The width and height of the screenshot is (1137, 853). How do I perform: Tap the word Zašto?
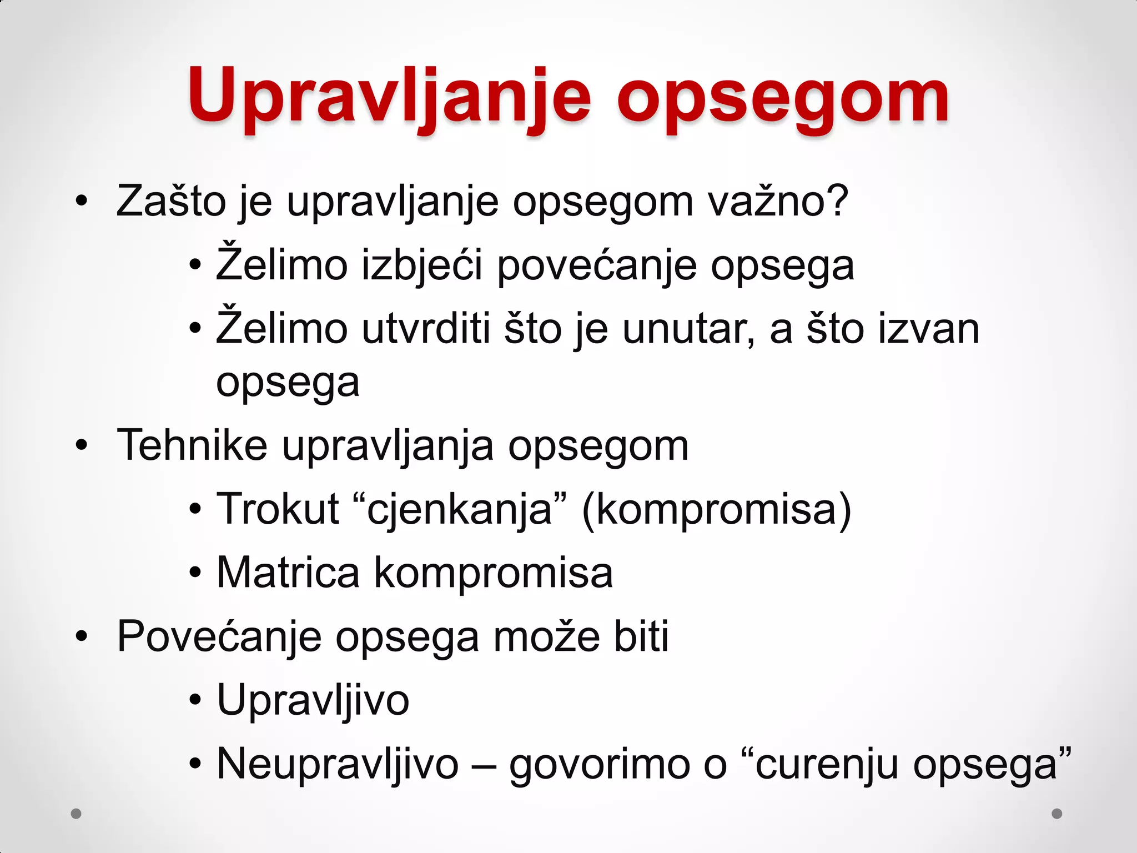pyautogui.click(x=171, y=201)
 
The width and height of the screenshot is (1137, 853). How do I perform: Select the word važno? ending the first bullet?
pyautogui.click(x=778, y=201)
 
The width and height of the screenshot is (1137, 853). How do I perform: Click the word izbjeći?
pyautogui.click(x=422, y=265)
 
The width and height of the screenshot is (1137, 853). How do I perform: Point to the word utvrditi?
pyautogui.click(x=426, y=329)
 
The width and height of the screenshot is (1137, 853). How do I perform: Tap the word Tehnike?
pyautogui.click(x=192, y=445)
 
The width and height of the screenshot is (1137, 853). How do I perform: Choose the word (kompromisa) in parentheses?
pyautogui.click(x=716, y=510)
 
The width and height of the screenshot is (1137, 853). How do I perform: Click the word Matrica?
pyautogui.click(x=288, y=573)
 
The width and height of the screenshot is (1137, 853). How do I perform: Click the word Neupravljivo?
pyautogui.click(x=338, y=765)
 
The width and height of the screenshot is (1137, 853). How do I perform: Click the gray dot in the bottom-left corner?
pyautogui.click(x=77, y=814)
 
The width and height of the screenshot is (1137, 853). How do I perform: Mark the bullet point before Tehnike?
pyautogui.click(x=82, y=445)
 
